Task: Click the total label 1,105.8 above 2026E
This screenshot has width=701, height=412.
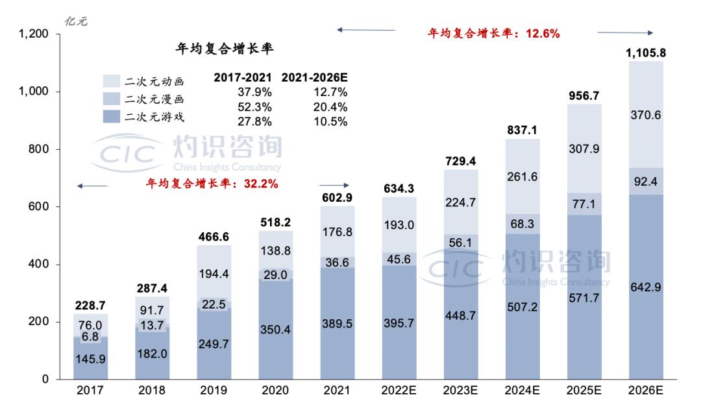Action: [x=646, y=53]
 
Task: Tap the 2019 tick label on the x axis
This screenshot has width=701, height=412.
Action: [x=214, y=391]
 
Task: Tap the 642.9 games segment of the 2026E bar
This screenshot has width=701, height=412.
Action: [x=646, y=287]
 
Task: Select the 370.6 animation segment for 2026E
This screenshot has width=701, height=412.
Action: [x=646, y=114]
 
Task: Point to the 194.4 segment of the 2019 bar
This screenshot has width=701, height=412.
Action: [x=214, y=273]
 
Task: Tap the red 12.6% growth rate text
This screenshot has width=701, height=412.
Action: [x=493, y=33]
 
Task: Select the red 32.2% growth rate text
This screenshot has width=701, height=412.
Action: [x=212, y=184]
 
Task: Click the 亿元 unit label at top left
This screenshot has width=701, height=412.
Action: [x=76, y=21]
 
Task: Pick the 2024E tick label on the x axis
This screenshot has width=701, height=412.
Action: [x=522, y=391]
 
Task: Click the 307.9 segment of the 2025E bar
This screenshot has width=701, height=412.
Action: [x=584, y=149]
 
